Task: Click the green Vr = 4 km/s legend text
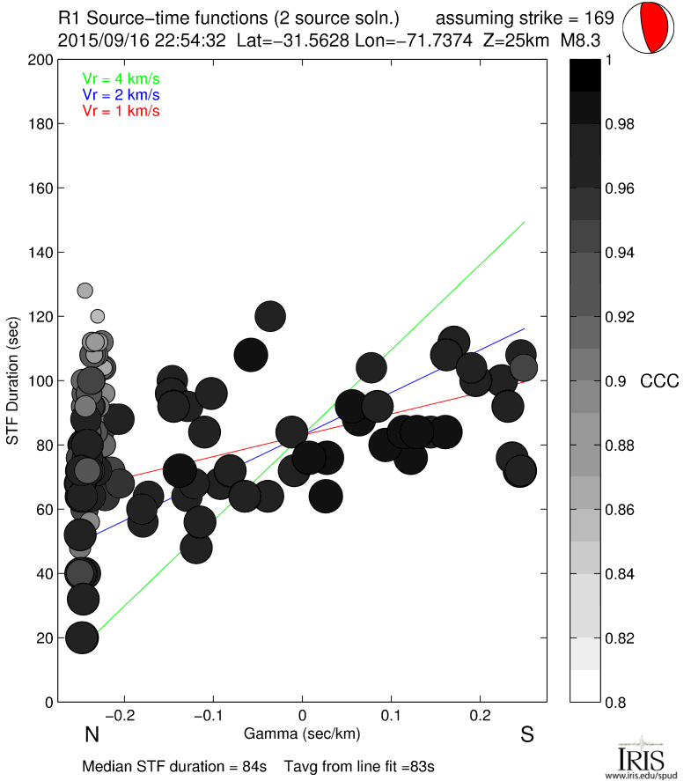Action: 121,77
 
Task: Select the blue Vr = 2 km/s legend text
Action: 121,94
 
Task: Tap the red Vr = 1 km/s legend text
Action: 121,111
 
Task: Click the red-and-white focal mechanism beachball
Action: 649,29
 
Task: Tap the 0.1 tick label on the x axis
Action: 391,714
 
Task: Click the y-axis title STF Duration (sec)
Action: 15,381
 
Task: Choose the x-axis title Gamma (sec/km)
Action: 302,733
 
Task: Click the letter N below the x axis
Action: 91,734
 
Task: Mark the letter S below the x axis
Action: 527,734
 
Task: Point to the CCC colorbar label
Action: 659,381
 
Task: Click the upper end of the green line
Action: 525,222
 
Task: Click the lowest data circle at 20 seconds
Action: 81,637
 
